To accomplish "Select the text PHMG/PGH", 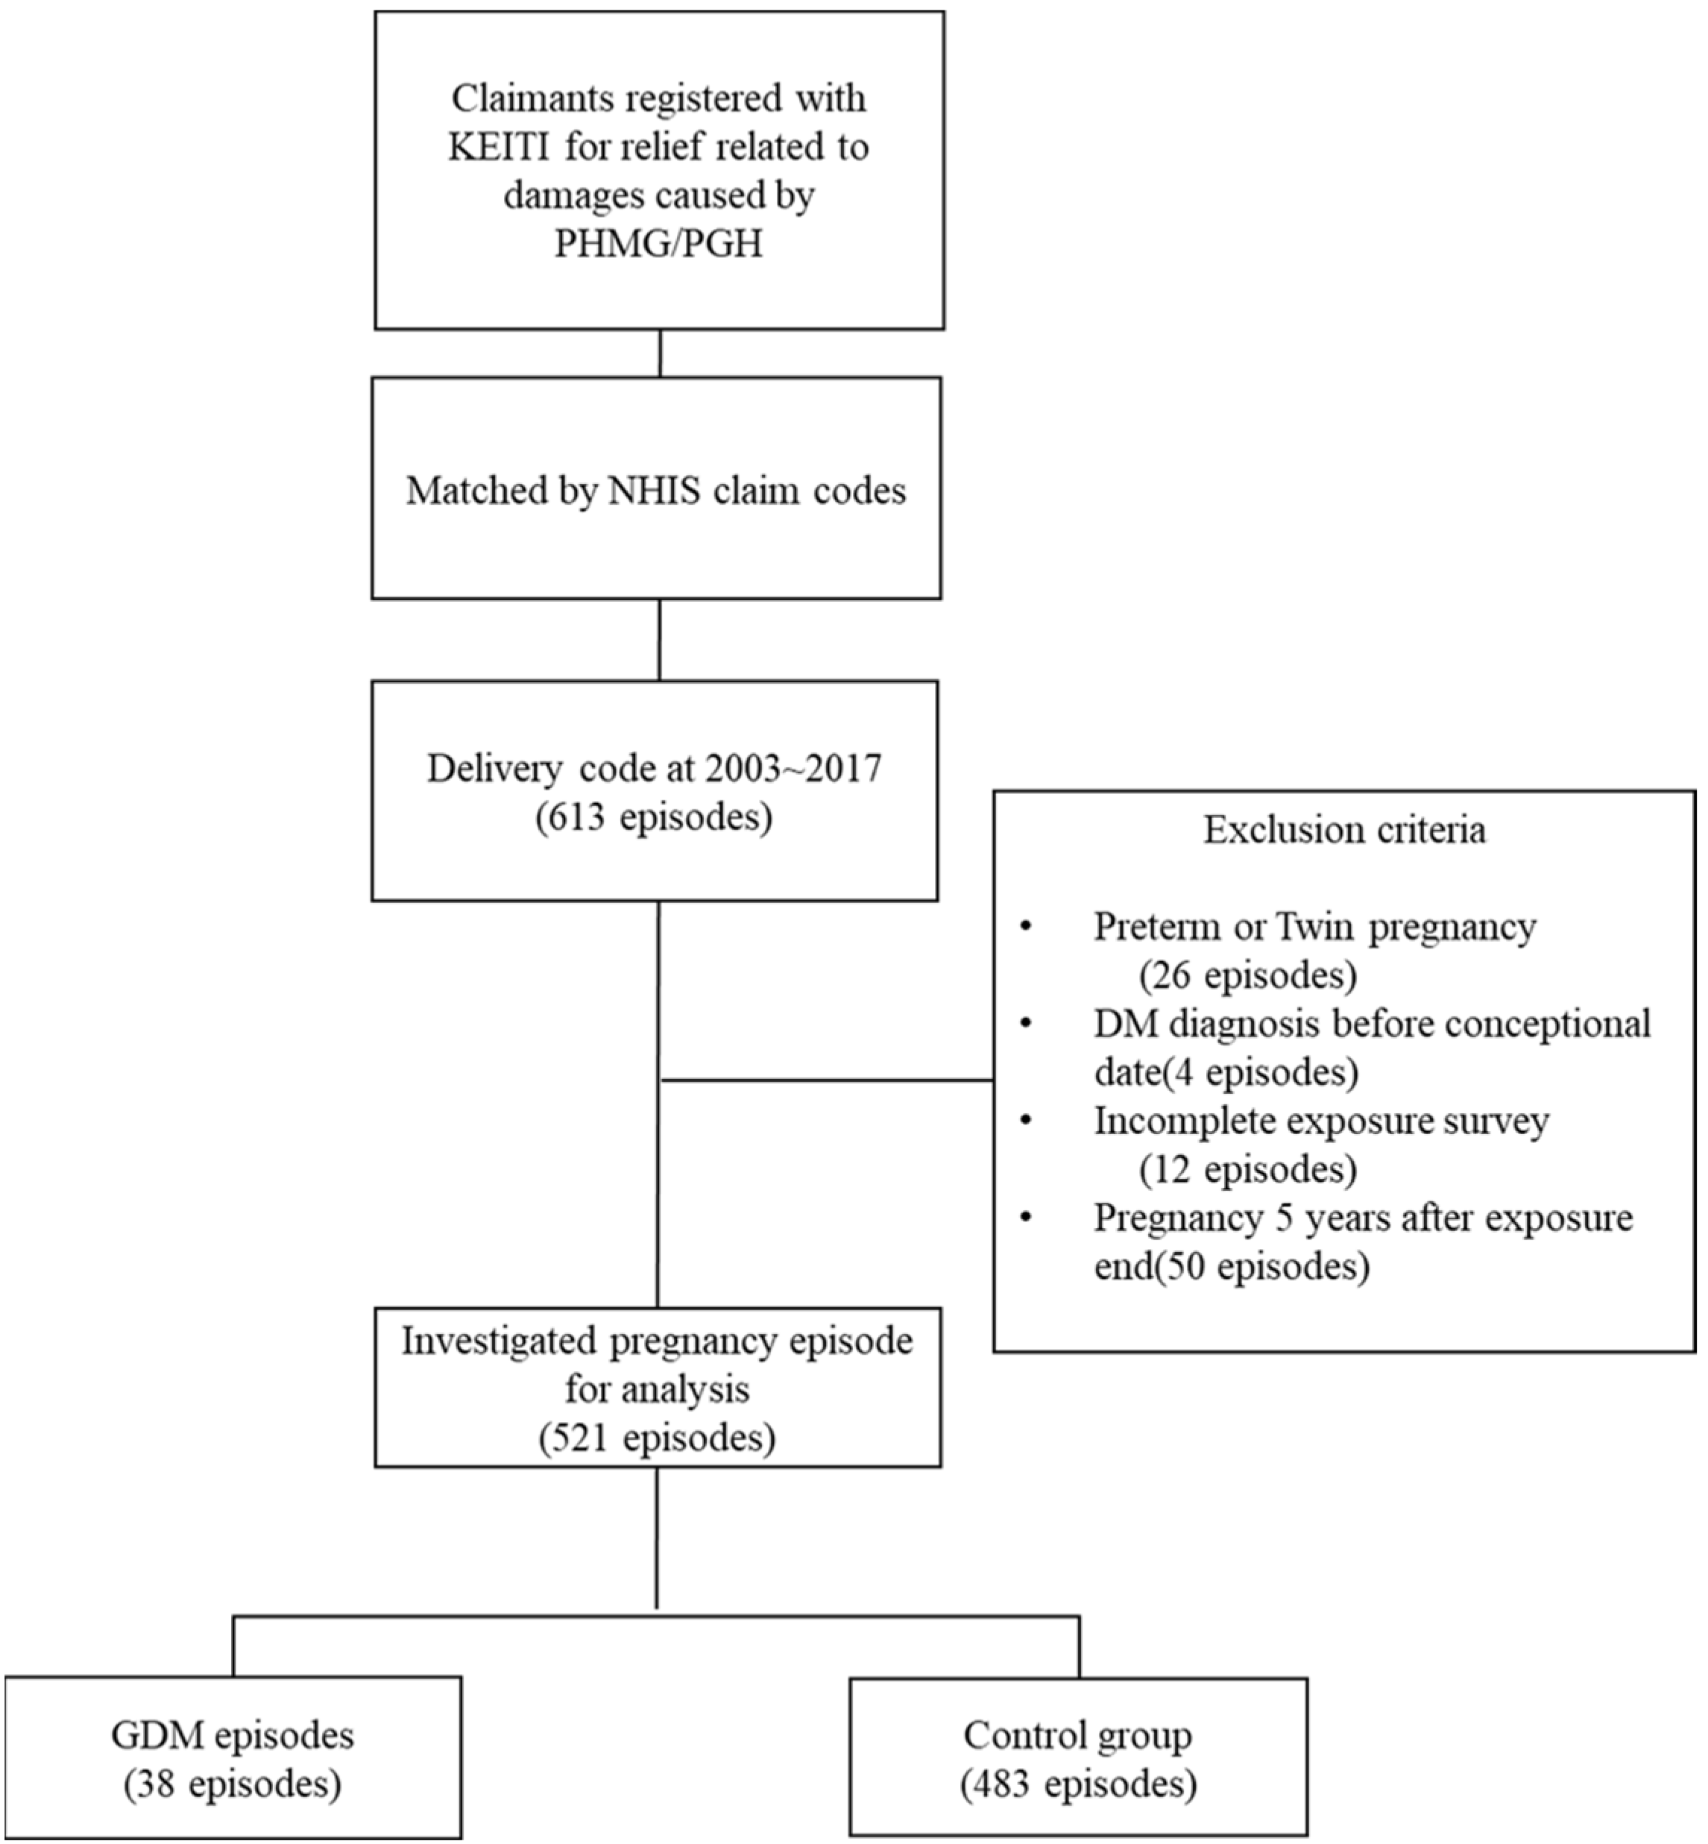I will [658, 244].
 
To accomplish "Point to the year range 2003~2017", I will [794, 769].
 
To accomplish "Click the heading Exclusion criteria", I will [1344, 830].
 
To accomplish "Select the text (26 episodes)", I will [1248, 976].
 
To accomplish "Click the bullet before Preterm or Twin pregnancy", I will [1026, 927].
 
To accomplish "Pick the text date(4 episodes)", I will [1226, 1073].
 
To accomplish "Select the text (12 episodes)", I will [1248, 1170].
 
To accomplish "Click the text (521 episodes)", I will [657, 1438].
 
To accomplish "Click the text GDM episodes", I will [232, 1736].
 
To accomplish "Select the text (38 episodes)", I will [232, 1784].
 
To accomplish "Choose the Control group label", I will [1078, 1736].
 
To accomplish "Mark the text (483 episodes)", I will [1078, 1784].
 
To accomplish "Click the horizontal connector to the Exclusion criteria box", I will [828, 1080].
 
